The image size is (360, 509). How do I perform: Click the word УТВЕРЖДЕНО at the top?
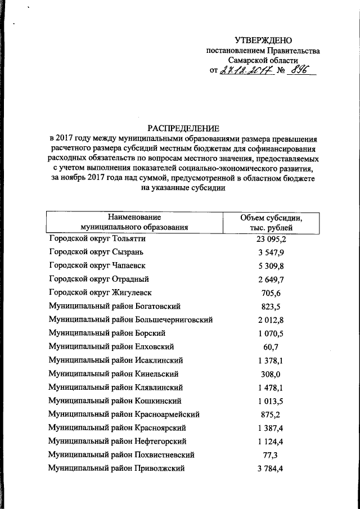coord(263,40)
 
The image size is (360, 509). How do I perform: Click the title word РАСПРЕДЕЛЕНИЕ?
coord(183,128)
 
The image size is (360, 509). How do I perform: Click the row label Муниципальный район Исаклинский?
coord(115,361)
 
